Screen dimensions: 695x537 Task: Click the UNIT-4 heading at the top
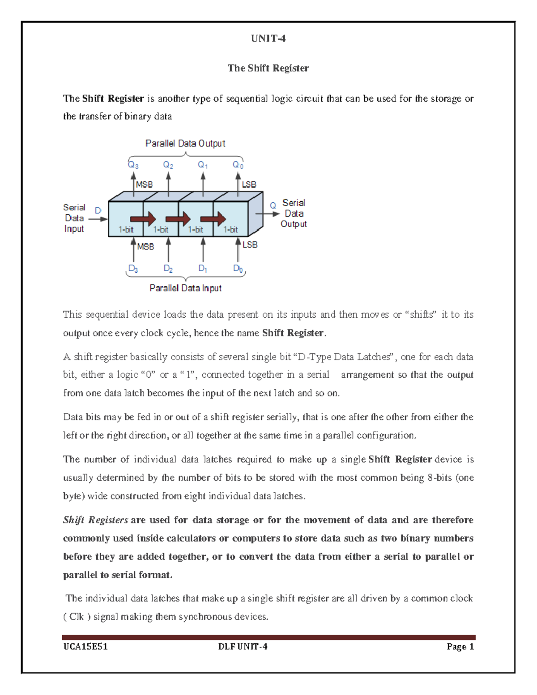pos(268,38)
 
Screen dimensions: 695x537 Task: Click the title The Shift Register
pos(268,68)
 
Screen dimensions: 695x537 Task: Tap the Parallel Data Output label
pos(185,143)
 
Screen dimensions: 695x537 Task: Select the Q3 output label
pos(133,165)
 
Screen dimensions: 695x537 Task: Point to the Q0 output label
pos(238,165)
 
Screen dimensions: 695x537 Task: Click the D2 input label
pos(168,269)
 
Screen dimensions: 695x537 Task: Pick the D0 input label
pos(238,269)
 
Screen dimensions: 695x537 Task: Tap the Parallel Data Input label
pos(185,288)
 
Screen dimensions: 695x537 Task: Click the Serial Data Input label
pos(74,218)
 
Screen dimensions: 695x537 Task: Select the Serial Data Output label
pos(294,213)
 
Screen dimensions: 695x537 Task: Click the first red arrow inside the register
pos(143,219)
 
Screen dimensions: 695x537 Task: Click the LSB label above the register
pos(249,185)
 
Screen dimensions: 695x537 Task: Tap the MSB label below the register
pos(145,247)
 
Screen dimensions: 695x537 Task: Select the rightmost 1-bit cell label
pos(230,230)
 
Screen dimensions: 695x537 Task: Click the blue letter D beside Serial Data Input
pos(98,210)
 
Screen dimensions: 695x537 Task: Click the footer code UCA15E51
pos(85,647)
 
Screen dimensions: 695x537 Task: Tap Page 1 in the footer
pos(460,647)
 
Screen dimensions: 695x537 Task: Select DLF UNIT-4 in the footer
pos(243,647)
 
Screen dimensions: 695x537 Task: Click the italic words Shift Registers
pos(95,520)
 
